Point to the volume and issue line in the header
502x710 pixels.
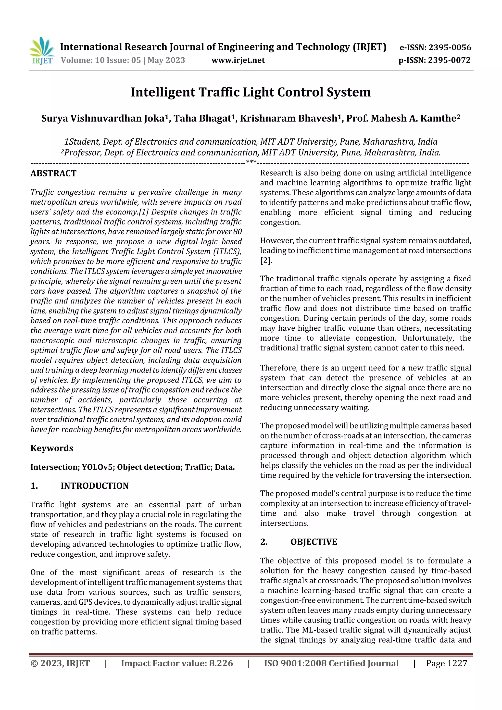(123, 60)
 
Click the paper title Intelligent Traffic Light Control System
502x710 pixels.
(251, 92)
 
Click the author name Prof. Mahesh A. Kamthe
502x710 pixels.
(401, 118)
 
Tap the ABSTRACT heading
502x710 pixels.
(53, 173)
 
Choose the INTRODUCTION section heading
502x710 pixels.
(94, 486)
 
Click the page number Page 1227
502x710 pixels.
(446, 663)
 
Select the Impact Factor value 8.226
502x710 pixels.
(221, 663)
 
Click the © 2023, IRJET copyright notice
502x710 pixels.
(60, 663)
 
